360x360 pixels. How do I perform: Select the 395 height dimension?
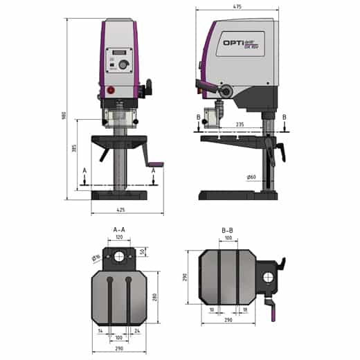tap(73, 150)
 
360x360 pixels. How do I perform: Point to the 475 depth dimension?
tap(237, 8)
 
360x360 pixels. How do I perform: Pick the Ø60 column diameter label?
tap(251, 177)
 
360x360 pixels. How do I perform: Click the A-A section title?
tap(119, 230)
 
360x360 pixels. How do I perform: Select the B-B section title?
tap(226, 230)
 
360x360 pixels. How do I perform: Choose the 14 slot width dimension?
tap(101, 332)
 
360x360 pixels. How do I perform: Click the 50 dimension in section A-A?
tap(142, 252)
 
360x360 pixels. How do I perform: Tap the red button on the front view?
tap(109, 91)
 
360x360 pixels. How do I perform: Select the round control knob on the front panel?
tap(124, 65)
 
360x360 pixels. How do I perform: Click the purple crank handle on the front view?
tap(157, 165)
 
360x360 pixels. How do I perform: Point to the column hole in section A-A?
tap(119, 257)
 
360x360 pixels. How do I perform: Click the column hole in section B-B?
tap(267, 277)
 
